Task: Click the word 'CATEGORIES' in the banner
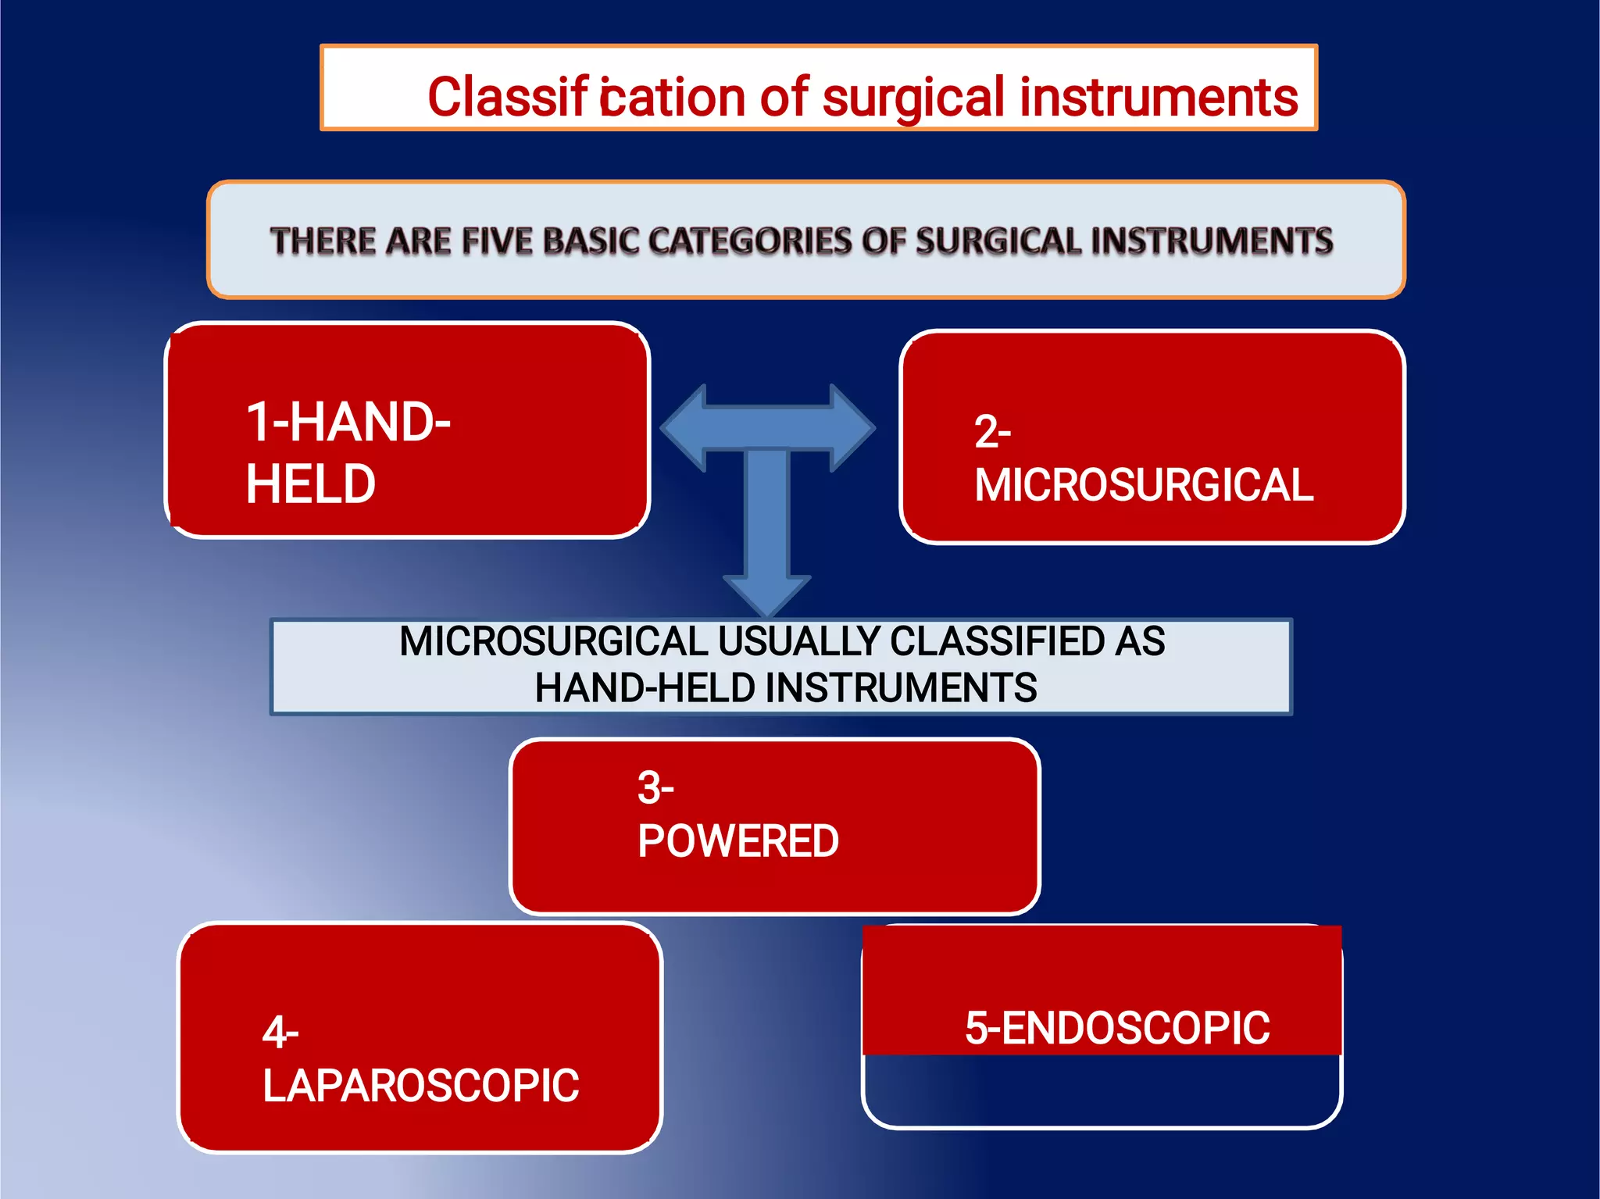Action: [750, 241]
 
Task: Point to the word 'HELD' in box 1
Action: [311, 484]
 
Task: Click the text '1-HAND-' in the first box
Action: [348, 422]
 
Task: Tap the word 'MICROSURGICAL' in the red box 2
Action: [1144, 485]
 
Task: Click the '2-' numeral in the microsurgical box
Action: [992, 431]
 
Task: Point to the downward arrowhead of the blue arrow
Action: [767, 595]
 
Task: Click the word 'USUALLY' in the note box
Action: [798, 642]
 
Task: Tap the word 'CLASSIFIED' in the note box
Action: [997, 642]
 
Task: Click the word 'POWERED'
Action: [738, 841]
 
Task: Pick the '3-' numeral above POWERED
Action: [655, 787]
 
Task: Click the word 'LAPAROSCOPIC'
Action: [421, 1086]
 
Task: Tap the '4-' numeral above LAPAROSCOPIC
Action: [280, 1033]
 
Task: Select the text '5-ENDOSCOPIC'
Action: [1117, 1028]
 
